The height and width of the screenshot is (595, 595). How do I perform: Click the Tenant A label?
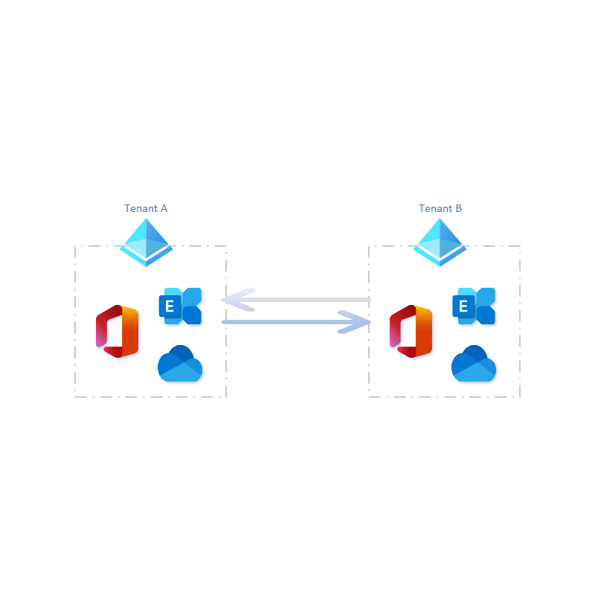coord(146,208)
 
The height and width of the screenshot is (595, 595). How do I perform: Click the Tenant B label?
coord(440,208)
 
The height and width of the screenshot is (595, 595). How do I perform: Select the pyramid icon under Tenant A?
coord(146,242)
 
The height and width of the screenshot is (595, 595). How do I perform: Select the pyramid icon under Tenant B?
coord(440,242)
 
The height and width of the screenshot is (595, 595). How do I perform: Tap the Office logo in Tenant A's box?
coord(118,331)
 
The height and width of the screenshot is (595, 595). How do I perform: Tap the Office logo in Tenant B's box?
coord(411,331)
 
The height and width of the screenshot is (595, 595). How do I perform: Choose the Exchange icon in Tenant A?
coord(180,306)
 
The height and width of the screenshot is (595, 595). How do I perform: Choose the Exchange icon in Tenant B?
coord(474,306)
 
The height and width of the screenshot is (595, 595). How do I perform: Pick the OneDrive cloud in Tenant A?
coord(180,364)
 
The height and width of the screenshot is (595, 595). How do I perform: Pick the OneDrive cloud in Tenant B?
coord(474,364)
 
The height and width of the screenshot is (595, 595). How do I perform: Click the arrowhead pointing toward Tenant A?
coord(237,300)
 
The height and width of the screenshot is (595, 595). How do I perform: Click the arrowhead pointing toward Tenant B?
coord(355,322)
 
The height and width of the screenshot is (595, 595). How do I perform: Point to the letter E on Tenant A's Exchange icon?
coord(170,306)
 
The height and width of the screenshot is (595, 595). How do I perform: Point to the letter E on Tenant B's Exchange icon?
coord(463,306)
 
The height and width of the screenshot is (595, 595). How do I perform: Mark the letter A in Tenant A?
coord(164,208)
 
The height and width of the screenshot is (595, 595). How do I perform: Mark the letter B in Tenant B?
coord(459,208)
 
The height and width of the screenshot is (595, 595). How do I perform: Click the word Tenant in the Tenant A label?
coord(141,208)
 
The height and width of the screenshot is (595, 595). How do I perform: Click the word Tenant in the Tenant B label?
coord(435,208)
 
